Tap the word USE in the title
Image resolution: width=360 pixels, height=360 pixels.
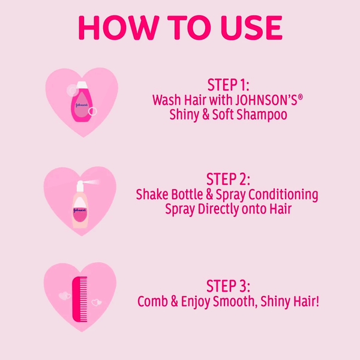pos(251,28)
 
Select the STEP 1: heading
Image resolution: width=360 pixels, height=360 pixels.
pos(228,85)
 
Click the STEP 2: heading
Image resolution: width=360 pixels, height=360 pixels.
pos(228,179)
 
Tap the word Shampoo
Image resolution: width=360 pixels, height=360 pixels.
pos(262,115)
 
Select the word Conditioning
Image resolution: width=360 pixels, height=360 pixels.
pos(283,195)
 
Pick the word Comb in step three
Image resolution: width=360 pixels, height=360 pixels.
pos(152,301)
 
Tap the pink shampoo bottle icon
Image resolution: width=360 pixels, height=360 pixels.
pos(82,102)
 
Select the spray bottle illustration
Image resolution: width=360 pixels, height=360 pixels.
pos(80,205)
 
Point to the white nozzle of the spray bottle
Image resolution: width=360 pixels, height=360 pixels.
pos(80,186)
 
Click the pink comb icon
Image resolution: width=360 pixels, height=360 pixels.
pos(80,299)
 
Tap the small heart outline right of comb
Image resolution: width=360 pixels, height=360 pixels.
pos(97,302)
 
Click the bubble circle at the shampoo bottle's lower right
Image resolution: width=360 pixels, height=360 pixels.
pos(92,112)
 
